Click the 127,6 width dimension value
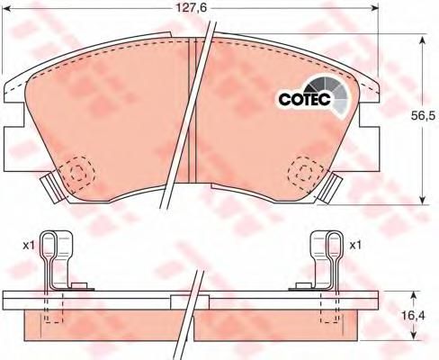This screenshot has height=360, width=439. click(191, 8)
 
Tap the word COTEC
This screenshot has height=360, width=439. click(305, 99)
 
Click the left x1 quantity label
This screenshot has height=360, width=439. click(29, 246)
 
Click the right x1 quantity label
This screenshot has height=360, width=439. click(355, 246)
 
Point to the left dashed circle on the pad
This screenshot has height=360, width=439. click(76, 173)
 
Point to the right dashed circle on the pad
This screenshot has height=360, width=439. click(306, 172)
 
